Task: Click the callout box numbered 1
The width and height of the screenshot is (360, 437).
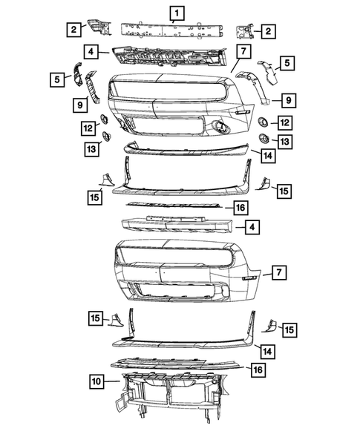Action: (x=176, y=12)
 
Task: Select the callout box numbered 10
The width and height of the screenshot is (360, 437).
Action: (x=96, y=382)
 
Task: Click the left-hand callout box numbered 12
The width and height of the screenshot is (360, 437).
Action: (x=89, y=129)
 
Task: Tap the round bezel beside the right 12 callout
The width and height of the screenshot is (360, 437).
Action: (x=262, y=122)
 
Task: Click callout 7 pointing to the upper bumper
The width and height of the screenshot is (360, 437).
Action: (x=242, y=51)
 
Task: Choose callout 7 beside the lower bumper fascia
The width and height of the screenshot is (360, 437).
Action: (x=278, y=273)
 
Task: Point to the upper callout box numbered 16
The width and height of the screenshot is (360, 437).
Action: (x=240, y=207)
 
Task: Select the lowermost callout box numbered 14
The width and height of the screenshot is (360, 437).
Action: (x=267, y=350)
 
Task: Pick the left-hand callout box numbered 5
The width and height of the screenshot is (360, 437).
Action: (x=57, y=77)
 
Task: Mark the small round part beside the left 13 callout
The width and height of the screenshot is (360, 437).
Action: (x=106, y=135)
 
